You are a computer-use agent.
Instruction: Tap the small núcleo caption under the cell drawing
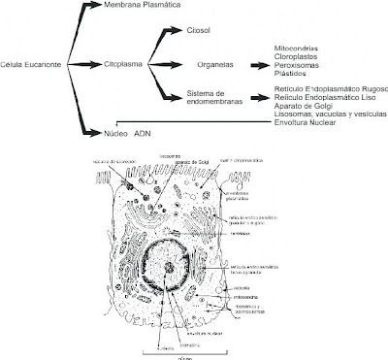181,355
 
